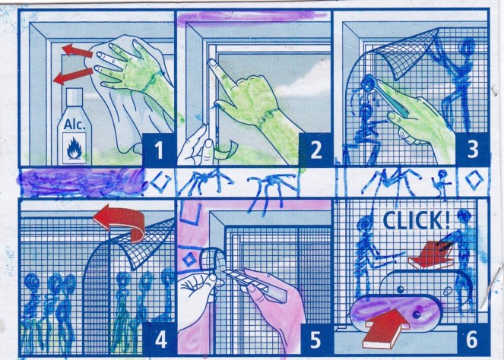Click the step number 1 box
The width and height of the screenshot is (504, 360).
point(158,150)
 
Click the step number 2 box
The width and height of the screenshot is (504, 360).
point(315,150)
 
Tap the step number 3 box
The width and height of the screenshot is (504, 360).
point(473,150)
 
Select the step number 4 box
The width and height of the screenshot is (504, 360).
point(160,339)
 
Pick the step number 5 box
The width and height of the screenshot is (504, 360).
point(315,339)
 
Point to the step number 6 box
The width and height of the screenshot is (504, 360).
point(472,339)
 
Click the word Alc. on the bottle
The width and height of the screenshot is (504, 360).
point(74,125)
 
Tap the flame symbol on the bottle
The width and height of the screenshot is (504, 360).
point(74,148)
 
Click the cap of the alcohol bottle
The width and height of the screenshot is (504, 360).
point(75,96)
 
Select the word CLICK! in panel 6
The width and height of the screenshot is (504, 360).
point(417,220)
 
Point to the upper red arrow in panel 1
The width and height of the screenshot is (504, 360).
point(77,51)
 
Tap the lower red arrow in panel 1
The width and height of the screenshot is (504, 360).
point(73,76)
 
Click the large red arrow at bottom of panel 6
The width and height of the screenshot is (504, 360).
point(385,327)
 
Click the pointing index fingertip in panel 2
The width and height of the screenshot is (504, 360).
point(211,62)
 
